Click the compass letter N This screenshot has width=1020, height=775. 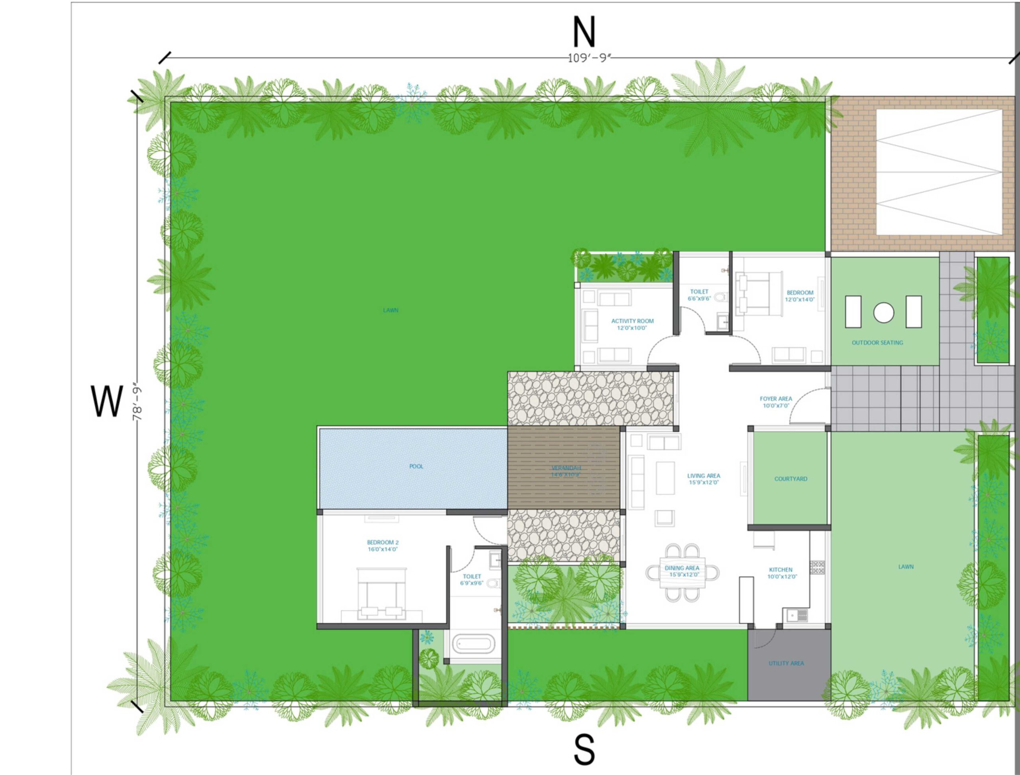click(x=584, y=32)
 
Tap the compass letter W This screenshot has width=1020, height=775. click(x=107, y=401)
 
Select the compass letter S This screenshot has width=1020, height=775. click(x=584, y=749)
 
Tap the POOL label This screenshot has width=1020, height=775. click(x=416, y=466)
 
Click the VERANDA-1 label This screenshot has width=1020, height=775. click(x=566, y=471)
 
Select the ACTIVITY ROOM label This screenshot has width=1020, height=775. click(x=632, y=321)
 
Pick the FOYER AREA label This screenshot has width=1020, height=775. click(x=775, y=398)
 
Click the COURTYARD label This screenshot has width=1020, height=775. click(x=791, y=479)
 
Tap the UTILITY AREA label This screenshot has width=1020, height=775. click(x=786, y=663)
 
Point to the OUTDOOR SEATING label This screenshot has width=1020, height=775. click(x=877, y=343)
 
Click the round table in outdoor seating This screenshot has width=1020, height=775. click(x=883, y=312)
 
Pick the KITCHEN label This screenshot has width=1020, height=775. click(x=781, y=570)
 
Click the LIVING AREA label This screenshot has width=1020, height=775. click(x=703, y=476)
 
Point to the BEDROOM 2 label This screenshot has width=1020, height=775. click(x=382, y=543)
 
